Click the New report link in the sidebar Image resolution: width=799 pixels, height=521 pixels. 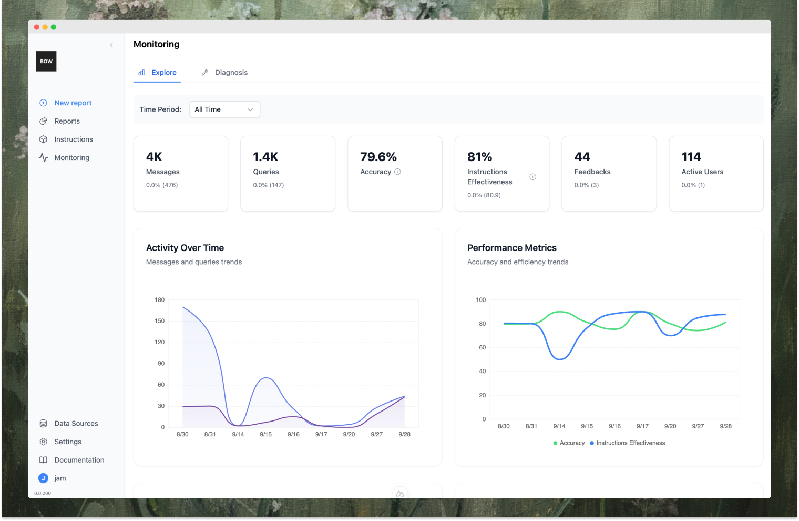point(73,103)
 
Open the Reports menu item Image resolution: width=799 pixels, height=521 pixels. point(67,121)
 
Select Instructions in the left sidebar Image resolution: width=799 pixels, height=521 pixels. point(73,139)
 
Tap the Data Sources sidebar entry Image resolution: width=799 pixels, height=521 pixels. point(76,424)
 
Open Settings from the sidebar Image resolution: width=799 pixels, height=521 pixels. point(67,442)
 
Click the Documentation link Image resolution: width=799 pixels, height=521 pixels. point(79,460)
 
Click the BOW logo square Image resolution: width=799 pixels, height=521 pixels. point(46,62)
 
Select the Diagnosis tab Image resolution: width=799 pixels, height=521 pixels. point(231,73)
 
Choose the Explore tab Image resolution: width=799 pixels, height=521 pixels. point(163,73)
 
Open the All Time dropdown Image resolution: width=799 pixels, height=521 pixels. point(224,109)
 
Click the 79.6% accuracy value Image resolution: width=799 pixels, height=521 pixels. point(378,157)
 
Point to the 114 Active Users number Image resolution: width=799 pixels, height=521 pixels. point(691,157)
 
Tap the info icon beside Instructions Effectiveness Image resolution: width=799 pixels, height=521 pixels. point(532,177)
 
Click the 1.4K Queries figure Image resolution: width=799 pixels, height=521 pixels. point(265,157)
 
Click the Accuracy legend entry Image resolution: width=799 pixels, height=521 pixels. point(569,443)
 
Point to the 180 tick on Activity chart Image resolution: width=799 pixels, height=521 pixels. point(159,300)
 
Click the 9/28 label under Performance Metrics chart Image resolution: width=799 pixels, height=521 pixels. point(725,426)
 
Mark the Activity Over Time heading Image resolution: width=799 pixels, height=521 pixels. point(185,248)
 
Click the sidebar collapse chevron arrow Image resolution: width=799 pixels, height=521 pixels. point(111,45)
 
